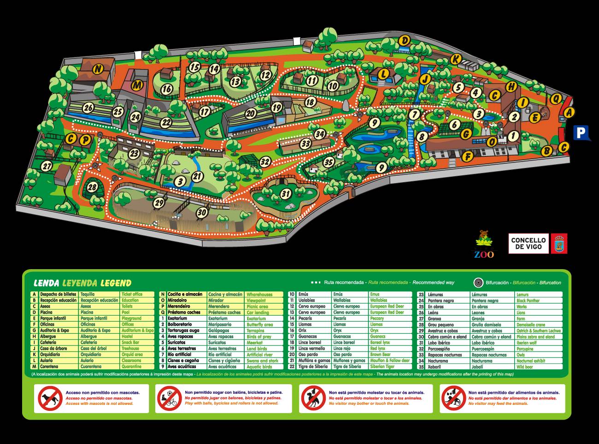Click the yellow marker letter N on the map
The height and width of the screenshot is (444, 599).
98,69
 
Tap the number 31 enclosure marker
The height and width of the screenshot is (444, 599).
286,194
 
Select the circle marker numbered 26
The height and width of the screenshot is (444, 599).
88,109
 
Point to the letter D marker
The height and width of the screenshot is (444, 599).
404,41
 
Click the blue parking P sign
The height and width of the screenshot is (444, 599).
581,133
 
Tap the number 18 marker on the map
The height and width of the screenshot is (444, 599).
310,102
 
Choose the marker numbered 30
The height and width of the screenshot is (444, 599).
202,213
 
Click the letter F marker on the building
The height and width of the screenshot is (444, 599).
468,156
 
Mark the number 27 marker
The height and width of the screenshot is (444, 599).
47,166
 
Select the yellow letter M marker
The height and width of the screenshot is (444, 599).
137,85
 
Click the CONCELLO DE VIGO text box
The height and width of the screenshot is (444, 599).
528,243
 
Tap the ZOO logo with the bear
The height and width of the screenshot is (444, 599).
484,244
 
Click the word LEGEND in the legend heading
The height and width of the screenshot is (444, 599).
116,283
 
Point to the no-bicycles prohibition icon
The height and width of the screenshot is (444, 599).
169,398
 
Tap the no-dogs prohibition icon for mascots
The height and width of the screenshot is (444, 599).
50,398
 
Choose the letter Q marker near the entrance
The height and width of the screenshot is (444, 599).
556,98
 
